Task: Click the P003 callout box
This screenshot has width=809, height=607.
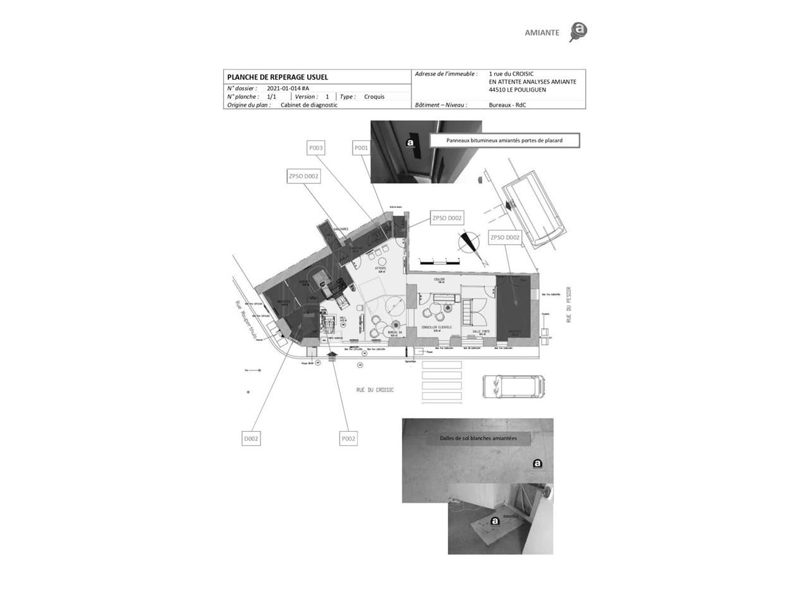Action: pyautogui.click(x=316, y=148)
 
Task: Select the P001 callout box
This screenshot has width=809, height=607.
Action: pyautogui.click(x=361, y=148)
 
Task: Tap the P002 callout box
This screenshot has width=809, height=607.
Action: pyautogui.click(x=348, y=439)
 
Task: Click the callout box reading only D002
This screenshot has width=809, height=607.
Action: pyautogui.click(x=252, y=439)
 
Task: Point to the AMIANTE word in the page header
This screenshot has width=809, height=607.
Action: pyautogui.click(x=542, y=33)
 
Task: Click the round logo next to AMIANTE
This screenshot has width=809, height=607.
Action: pyautogui.click(x=578, y=31)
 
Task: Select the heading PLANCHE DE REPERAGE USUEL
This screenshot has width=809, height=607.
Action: pyautogui.click(x=277, y=77)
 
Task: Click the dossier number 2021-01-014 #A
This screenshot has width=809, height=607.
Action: pyautogui.click(x=288, y=89)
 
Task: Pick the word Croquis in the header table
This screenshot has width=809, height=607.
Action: pyautogui.click(x=374, y=97)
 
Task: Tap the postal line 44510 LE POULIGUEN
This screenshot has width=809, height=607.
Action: pyautogui.click(x=517, y=90)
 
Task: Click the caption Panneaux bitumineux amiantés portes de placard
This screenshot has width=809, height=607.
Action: pyautogui.click(x=504, y=140)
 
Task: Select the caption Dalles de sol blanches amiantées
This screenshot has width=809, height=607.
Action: pyautogui.click(x=478, y=438)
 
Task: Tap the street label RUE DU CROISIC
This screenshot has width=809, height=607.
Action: pyautogui.click(x=375, y=390)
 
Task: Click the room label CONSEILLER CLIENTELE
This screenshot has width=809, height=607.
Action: pyautogui.click(x=437, y=328)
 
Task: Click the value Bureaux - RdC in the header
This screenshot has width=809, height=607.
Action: pyautogui.click(x=507, y=105)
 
